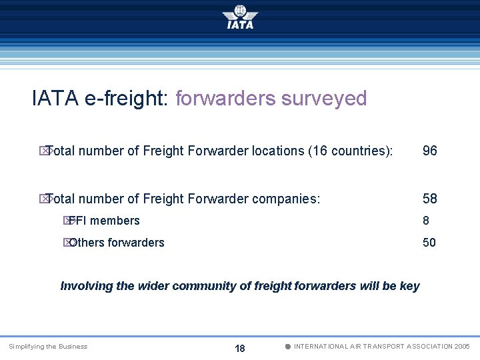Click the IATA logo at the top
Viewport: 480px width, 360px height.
coord(240,17)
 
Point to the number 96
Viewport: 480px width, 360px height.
coord(430,151)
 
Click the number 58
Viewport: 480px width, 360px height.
coord(430,199)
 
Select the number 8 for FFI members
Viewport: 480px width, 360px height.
coord(426,221)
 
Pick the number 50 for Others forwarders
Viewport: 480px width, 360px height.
coord(429,243)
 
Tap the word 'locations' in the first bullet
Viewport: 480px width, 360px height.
coord(278,151)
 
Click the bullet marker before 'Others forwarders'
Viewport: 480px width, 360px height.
coord(67,243)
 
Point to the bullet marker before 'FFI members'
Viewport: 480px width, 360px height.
coord(67,221)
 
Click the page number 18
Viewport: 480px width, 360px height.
coord(240,349)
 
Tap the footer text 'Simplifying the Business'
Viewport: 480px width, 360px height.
coord(48,347)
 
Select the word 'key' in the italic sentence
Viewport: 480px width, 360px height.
coord(410,286)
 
